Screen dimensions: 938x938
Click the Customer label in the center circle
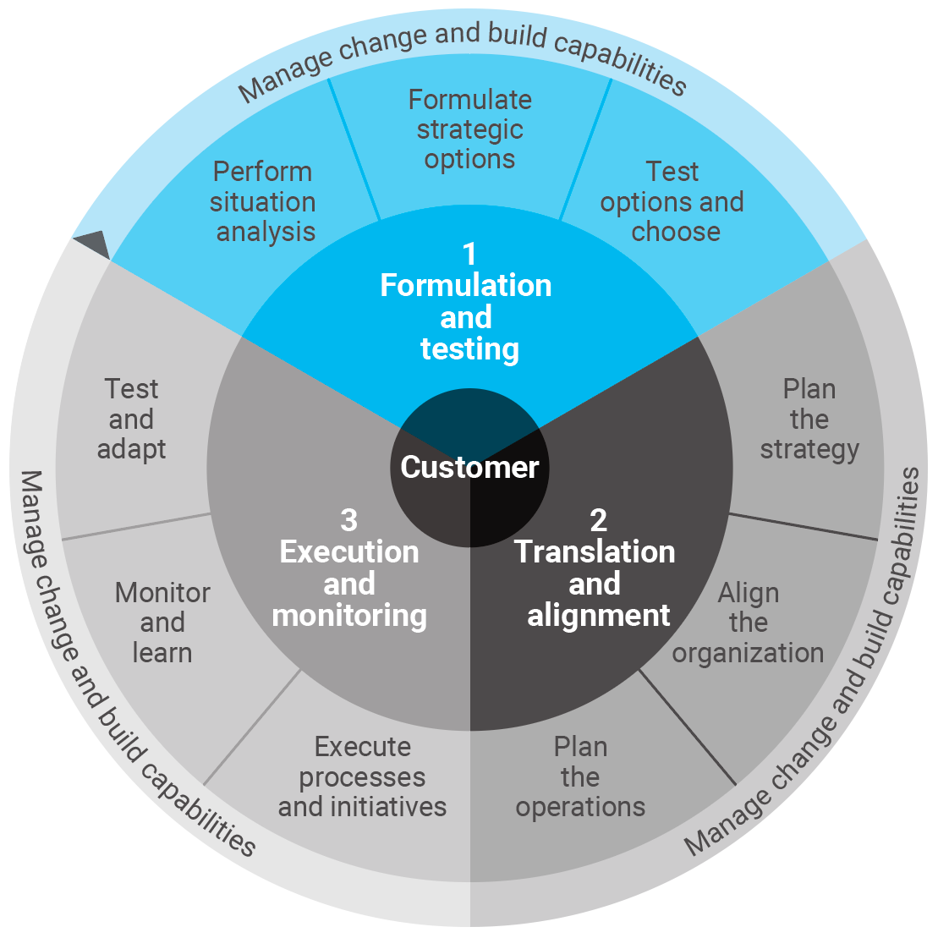point(469,467)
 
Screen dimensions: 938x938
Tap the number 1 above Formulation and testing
point(469,254)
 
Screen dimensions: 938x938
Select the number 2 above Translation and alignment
point(598,520)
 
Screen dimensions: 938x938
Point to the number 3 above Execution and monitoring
point(348,520)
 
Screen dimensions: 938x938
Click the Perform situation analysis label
point(263,201)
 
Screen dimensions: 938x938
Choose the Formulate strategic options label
point(469,129)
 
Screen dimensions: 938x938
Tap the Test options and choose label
point(672,201)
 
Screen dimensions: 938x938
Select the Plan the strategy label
point(809,420)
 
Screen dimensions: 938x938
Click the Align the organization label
point(748,623)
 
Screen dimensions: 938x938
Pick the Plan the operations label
point(580,777)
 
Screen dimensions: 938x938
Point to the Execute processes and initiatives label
point(362,777)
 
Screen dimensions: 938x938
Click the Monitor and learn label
point(162,623)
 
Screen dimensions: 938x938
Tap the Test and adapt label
point(132,420)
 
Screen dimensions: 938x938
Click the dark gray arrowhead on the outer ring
point(93,244)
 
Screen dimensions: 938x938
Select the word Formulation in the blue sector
point(466,286)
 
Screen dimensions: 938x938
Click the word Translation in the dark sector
point(595,552)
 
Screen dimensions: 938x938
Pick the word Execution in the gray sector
point(349,552)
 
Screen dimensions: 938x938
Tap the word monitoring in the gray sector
point(349,616)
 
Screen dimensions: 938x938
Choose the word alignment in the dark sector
point(599,616)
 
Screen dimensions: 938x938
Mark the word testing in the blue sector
point(469,349)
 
